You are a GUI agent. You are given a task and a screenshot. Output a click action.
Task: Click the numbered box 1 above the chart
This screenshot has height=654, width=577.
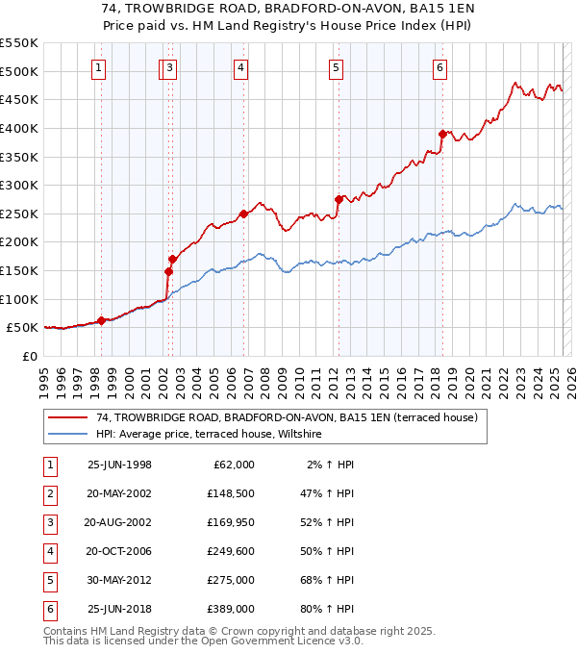[x=100, y=67]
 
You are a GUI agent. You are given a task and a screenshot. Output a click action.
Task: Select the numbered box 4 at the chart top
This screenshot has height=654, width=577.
[x=239, y=67]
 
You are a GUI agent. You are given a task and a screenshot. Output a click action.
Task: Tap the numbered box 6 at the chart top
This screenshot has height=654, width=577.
[x=439, y=67]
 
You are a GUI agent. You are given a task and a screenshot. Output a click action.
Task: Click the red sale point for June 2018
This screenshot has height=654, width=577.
[x=442, y=134]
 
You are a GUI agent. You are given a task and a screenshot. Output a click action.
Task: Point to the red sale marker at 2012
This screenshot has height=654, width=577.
[x=339, y=199]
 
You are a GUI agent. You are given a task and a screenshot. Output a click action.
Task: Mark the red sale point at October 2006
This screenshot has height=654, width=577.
[x=243, y=214]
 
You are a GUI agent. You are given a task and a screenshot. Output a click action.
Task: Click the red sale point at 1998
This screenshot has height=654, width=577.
[x=101, y=320]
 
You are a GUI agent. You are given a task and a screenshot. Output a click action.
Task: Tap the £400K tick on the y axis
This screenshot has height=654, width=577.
[x=19, y=128]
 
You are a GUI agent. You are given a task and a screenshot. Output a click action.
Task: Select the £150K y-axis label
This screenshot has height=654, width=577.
[x=19, y=270]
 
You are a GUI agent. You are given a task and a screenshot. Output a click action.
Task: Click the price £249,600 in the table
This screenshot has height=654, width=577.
[x=231, y=552]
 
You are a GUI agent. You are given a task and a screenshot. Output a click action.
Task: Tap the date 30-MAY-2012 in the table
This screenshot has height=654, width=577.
[x=119, y=581]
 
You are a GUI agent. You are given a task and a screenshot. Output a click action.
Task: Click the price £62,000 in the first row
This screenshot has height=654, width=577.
[x=234, y=465]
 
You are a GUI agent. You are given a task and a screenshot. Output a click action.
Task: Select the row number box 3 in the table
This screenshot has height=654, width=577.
[x=49, y=523]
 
